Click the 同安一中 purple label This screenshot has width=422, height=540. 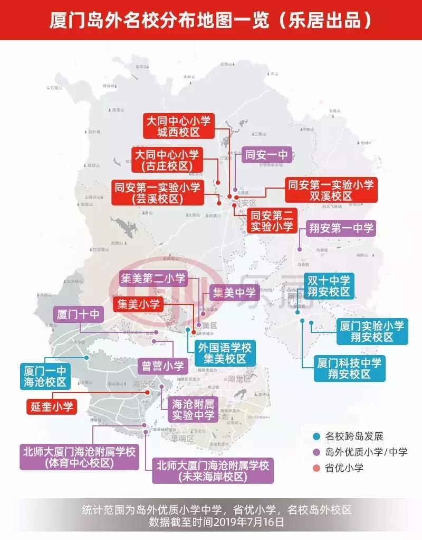coord(265,155)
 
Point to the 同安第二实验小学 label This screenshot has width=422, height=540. coord(272,221)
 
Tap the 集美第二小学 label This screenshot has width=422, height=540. coord(153,278)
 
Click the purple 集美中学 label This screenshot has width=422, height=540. coord(234,292)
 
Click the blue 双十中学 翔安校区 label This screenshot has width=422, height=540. coord(330,286)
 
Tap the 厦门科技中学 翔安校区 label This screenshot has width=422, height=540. coord(348,368)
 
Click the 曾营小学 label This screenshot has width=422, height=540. coord(162,366)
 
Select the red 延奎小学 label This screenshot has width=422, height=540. coord(51,406)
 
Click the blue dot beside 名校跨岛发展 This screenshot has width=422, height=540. coord(316,437)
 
